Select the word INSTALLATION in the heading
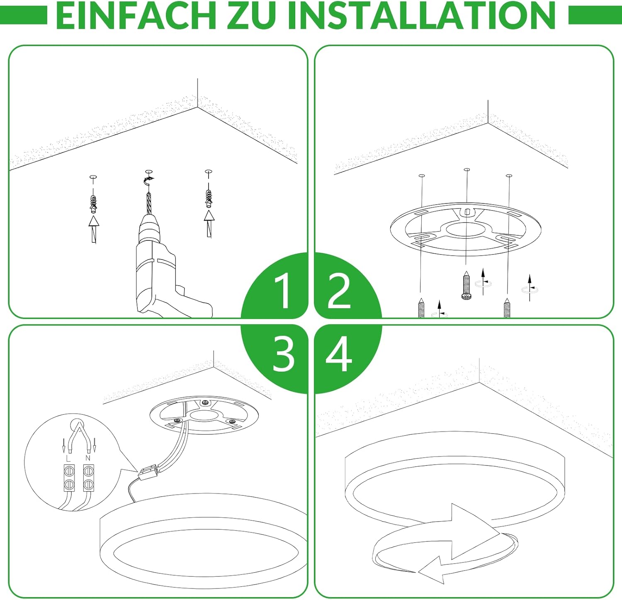[x=421, y=15]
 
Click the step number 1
[x=283, y=290]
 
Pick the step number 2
[x=340, y=290]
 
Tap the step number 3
[x=284, y=353]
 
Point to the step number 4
[x=339, y=354]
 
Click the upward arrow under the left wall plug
[x=94, y=229]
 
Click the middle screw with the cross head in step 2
[x=466, y=285]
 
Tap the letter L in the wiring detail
[x=68, y=458]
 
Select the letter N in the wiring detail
[x=87, y=458]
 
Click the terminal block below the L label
[x=69, y=478]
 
